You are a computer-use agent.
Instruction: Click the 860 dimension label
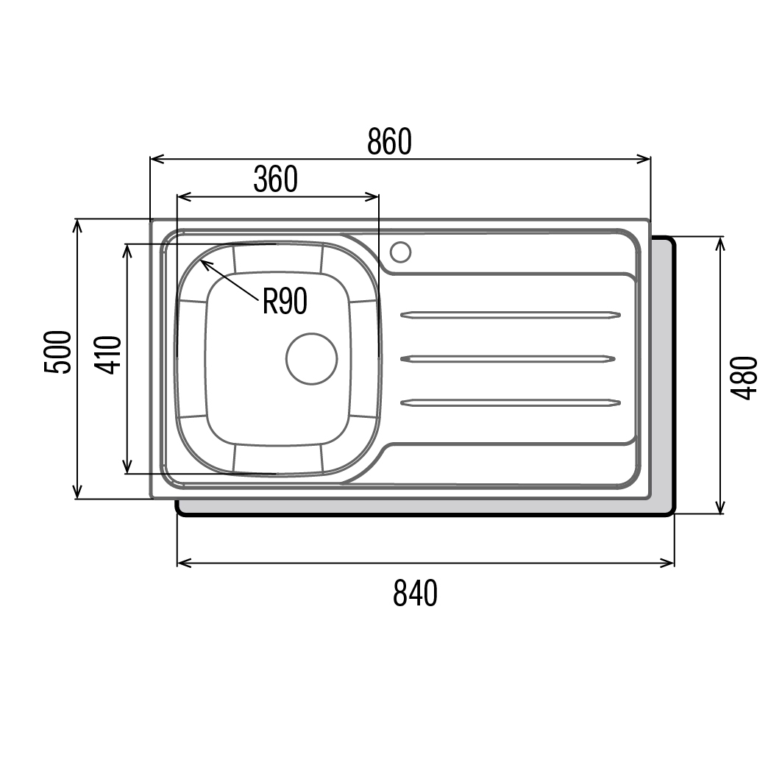pyautogui.click(x=389, y=142)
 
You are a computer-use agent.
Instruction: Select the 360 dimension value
pyautogui.click(x=275, y=179)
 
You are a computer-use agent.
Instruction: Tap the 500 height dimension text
pyautogui.click(x=58, y=352)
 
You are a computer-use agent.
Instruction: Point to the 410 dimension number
pyautogui.click(x=108, y=355)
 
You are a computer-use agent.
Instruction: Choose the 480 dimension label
pyautogui.click(x=744, y=377)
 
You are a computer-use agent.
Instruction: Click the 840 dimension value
pyautogui.click(x=415, y=593)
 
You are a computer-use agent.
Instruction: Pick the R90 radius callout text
pyautogui.click(x=285, y=301)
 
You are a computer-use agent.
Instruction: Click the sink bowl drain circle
pyautogui.click(x=312, y=358)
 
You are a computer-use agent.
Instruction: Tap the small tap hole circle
pyautogui.click(x=400, y=252)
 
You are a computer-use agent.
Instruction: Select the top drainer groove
pyautogui.click(x=511, y=315)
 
